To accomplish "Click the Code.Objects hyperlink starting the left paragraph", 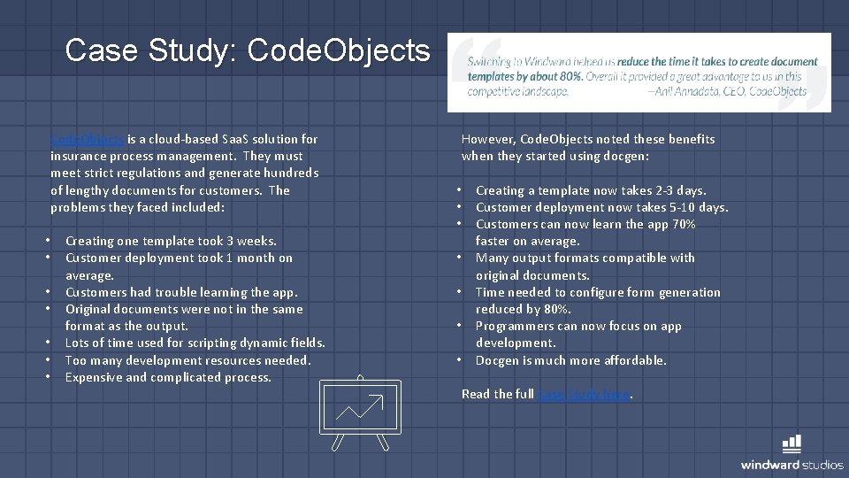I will [x=88, y=139].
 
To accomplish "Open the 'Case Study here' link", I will [x=584, y=395].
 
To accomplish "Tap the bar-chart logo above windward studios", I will [x=792, y=444].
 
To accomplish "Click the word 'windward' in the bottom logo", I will [x=770, y=465].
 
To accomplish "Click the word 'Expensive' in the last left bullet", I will [x=94, y=378].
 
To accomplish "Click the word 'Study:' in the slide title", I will [x=196, y=50].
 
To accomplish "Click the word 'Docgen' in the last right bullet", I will [x=496, y=360].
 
